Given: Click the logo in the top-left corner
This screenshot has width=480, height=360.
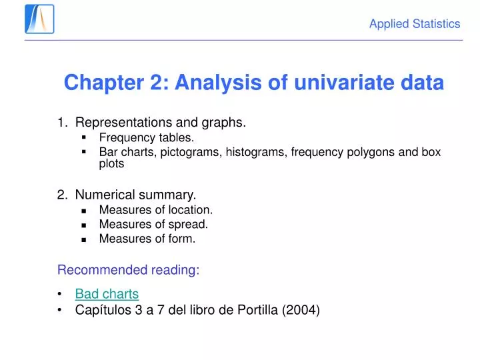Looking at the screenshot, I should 39,19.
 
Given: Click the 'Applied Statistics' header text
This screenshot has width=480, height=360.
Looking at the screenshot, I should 415,24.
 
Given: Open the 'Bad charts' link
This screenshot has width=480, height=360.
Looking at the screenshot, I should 107,293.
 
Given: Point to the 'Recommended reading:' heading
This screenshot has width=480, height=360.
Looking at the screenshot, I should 128,270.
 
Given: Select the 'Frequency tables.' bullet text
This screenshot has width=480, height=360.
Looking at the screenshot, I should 147,138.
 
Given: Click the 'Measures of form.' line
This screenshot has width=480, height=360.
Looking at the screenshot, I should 147,238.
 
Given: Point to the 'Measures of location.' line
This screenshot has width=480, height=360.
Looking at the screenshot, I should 156,210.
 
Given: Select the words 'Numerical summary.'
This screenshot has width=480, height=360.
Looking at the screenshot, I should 135,195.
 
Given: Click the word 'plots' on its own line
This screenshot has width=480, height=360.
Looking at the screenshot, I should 111,163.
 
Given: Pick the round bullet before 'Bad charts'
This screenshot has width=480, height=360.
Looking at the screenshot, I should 61,294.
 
